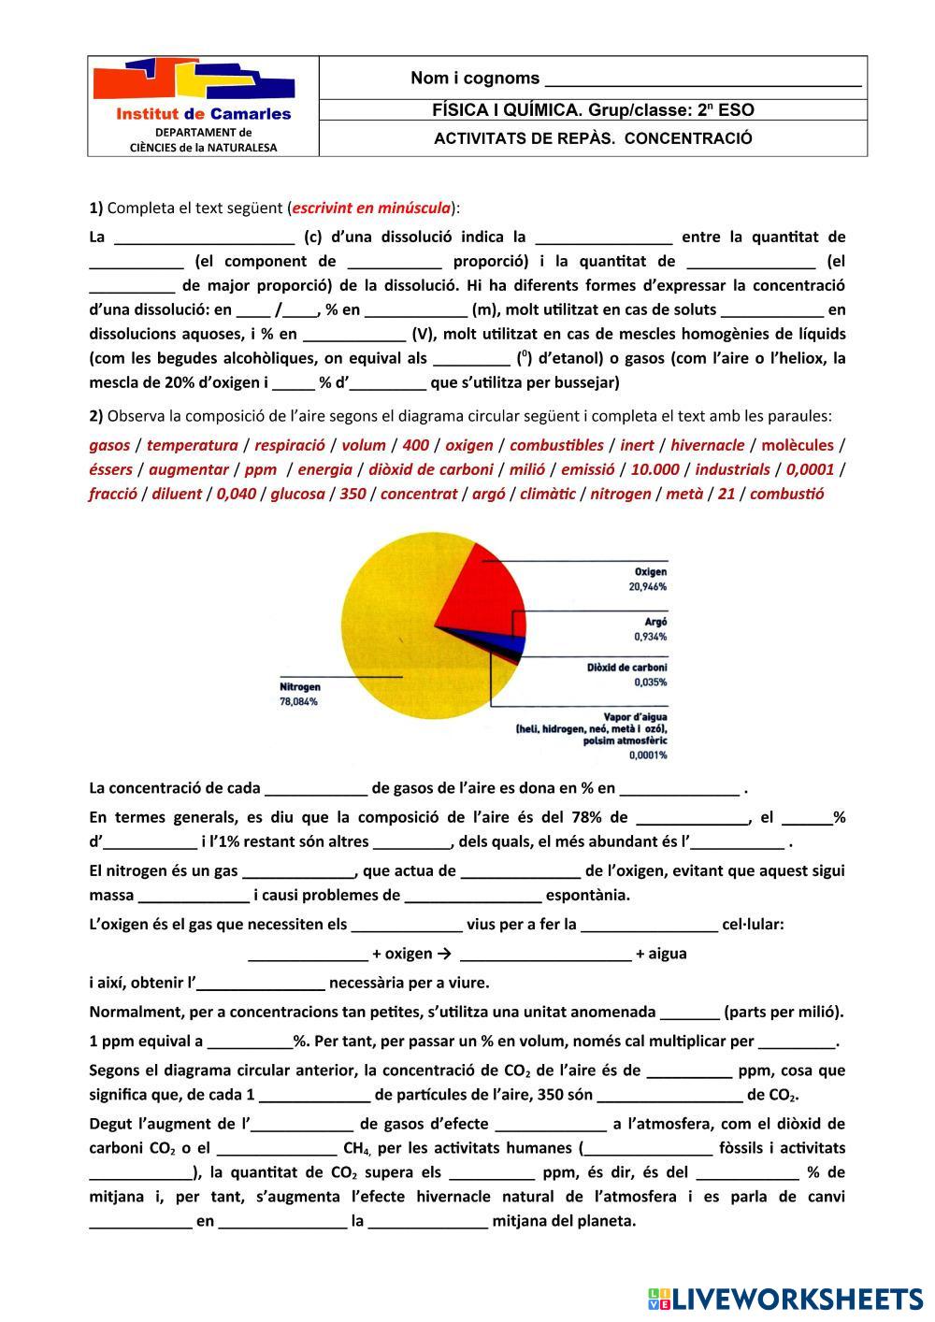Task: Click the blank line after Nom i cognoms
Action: coord(702,79)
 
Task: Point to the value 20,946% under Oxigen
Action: coord(647,587)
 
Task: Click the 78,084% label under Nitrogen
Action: coord(298,701)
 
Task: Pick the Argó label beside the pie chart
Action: coord(655,622)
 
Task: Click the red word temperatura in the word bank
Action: coord(192,445)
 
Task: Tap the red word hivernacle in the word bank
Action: coord(708,445)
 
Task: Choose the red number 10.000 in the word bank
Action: coord(654,469)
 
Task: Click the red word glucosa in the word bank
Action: coord(297,494)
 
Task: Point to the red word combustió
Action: coord(786,494)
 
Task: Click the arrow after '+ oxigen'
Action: coord(444,954)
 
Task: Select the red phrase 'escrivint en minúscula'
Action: coord(371,208)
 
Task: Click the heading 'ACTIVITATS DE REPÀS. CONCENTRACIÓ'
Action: coord(593,138)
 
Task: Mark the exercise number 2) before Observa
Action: coord(96,416)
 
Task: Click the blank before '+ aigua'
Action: coord(546,955)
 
